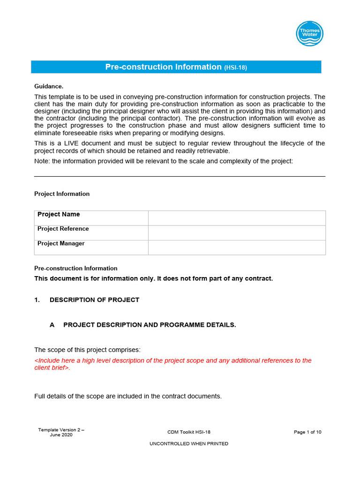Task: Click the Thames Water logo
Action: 309,34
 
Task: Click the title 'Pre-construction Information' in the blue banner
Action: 163,67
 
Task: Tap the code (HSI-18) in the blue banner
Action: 235,67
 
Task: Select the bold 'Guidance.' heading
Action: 49,86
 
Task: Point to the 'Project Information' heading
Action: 62,194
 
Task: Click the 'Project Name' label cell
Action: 91,217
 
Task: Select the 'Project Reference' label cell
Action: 91,232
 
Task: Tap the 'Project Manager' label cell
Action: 91,247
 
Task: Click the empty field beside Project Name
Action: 237,218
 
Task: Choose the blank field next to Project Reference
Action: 237,232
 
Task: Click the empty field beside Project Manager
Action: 237,247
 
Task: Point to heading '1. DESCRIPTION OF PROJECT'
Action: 87,300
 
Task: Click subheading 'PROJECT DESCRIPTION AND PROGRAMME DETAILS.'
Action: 150,325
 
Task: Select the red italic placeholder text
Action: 172,364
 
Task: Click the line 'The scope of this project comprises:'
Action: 87,350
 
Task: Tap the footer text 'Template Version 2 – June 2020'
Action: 61,432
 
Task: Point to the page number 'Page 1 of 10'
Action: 307,432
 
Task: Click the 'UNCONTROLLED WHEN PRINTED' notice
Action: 189,443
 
